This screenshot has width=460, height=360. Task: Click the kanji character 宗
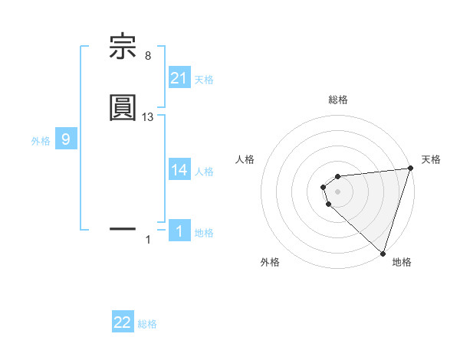(x=123, y=47)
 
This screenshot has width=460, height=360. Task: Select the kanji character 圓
(x=123, y=107)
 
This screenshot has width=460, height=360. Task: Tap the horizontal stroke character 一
(x=123, y=227)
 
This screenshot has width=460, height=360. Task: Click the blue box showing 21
(x=179, y=78)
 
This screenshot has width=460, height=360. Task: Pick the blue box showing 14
(x=179, y=170)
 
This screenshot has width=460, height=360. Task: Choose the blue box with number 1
(x=179, y=231)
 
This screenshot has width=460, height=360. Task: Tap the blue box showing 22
(x=123, y=322)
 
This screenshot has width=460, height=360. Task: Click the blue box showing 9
(x=66, y=139)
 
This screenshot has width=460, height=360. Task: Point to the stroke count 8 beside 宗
(x=148, y=55)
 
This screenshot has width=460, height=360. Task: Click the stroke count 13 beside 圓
(x=148, y=116)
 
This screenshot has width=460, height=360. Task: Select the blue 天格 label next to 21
(x=204, y=79)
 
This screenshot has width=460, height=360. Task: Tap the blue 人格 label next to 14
(x=204, y=172)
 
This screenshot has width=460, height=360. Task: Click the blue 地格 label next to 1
(x=204, y=233)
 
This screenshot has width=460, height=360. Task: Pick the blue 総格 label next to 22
(x=147, y=324)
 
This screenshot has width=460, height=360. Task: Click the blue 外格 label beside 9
(x=41, y=141)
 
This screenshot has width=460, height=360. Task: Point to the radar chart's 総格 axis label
(x=338, y=100)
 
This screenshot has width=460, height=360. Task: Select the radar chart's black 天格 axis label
(x=431, y=159)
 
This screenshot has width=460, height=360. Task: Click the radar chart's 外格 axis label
(x=270, y=262)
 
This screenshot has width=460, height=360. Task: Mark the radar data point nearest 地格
(x=383, y=253)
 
